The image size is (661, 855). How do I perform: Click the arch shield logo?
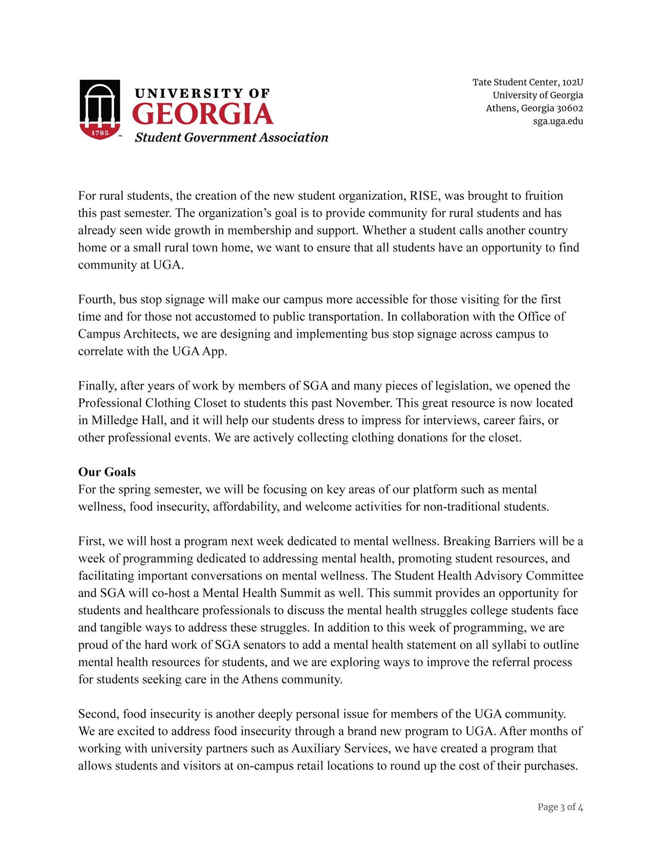click(100, 109)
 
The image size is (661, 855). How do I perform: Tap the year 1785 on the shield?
click(100, 133)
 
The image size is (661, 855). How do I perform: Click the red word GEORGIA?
click(203, 114)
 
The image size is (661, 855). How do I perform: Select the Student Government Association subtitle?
click(231, 137)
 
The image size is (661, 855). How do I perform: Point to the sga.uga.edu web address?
click(558, 121)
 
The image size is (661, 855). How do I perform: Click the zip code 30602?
click(569, 108)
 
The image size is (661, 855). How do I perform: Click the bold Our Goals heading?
click(107, 472)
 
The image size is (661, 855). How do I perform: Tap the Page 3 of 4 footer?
click(560, 807)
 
